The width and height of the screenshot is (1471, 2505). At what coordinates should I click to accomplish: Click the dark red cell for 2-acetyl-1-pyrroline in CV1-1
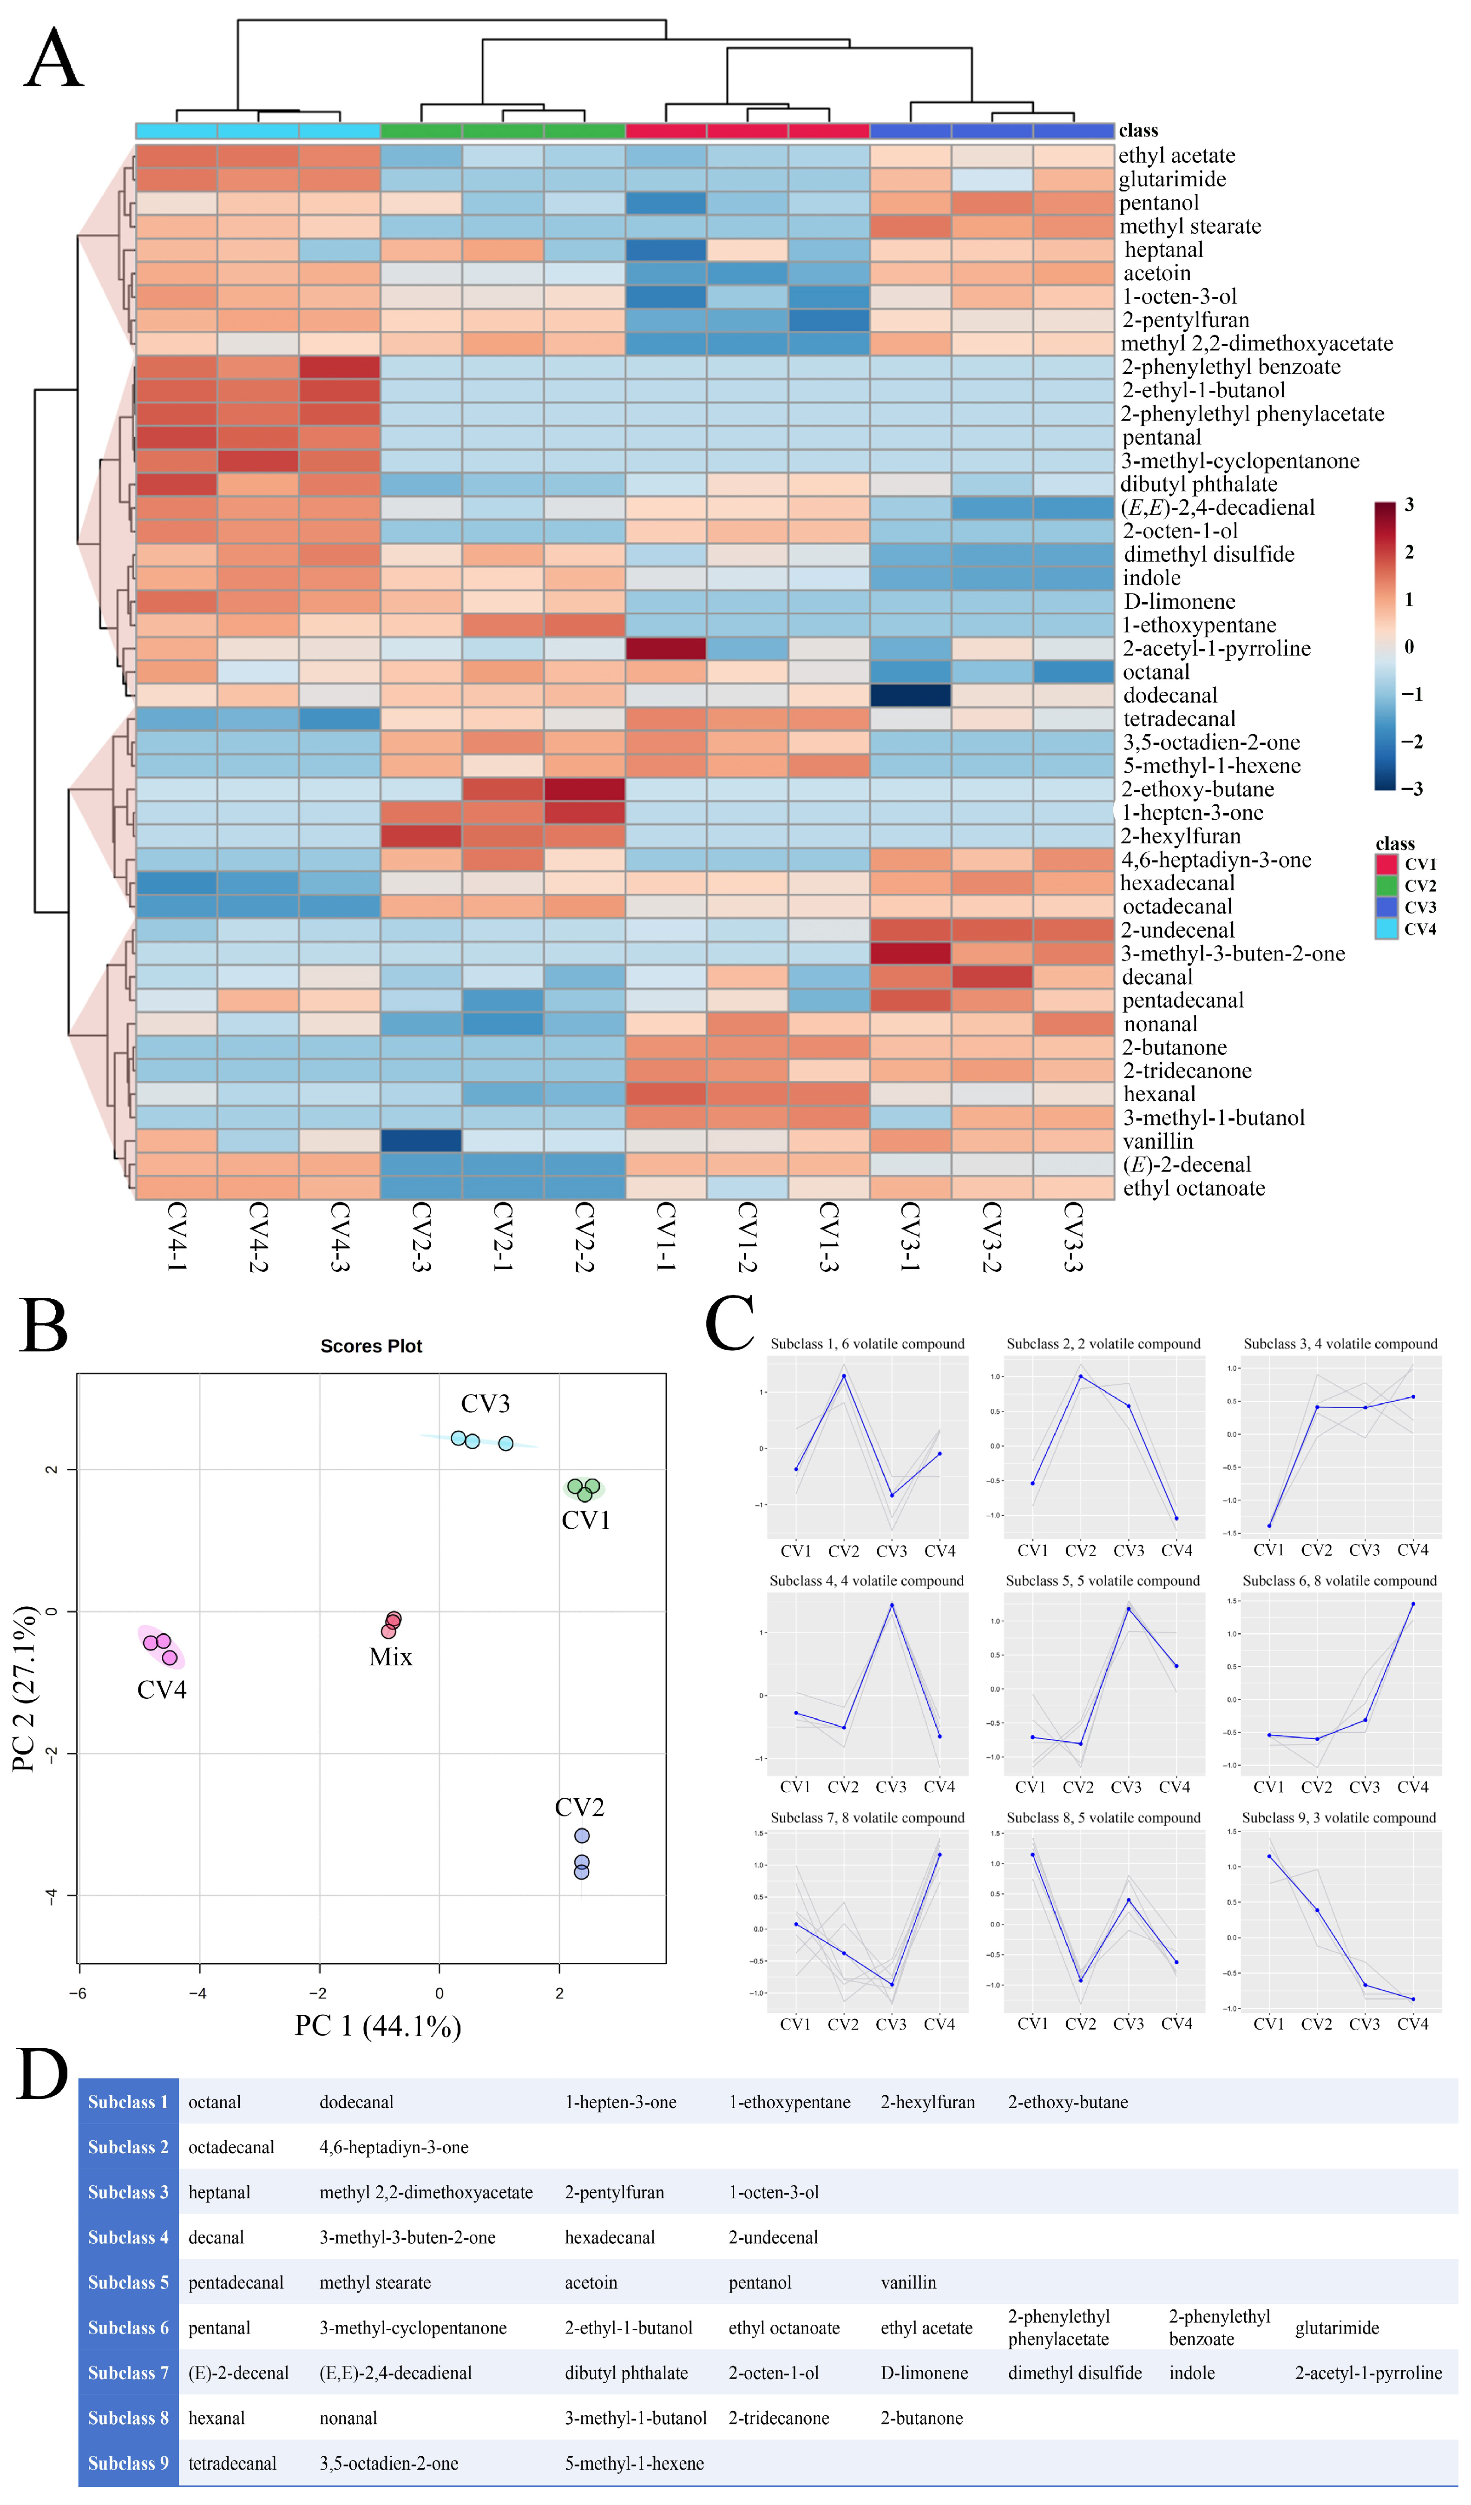coord(666,648)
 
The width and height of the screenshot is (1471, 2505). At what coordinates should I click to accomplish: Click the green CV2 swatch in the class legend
coord(1386,886)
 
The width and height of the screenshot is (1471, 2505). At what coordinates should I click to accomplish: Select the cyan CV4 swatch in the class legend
coord(1386,929)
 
